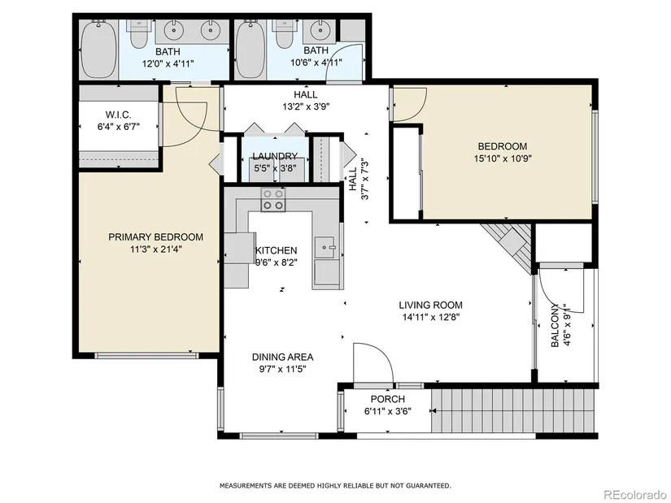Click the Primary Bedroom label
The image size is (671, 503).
tap(156, 237)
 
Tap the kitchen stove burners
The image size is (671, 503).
tap(273, 199)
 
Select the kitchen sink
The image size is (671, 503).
tap(326, 247)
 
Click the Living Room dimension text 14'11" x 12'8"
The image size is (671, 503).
tap(430, 318)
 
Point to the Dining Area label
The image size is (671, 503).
tap(282, 357)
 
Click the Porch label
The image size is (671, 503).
tap(388, 399)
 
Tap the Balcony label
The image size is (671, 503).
tap(555, 325)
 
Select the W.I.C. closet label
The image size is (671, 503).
tap(118, 115)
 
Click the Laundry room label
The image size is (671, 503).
tap(275, 156)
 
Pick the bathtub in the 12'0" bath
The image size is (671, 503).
tap(99, 50)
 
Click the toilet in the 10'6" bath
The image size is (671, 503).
tap(283, 33)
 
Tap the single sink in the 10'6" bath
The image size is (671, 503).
tap(320, 30)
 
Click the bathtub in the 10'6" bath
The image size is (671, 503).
tap(251, 50)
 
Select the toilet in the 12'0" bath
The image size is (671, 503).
tap(138, 33)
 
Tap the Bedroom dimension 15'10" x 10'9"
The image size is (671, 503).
tap(503, 158)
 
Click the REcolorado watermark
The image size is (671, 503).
tap(634, 494)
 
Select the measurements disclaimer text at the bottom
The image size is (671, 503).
tap(335, 485)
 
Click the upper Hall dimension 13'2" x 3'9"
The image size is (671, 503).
tap(306, 106)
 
